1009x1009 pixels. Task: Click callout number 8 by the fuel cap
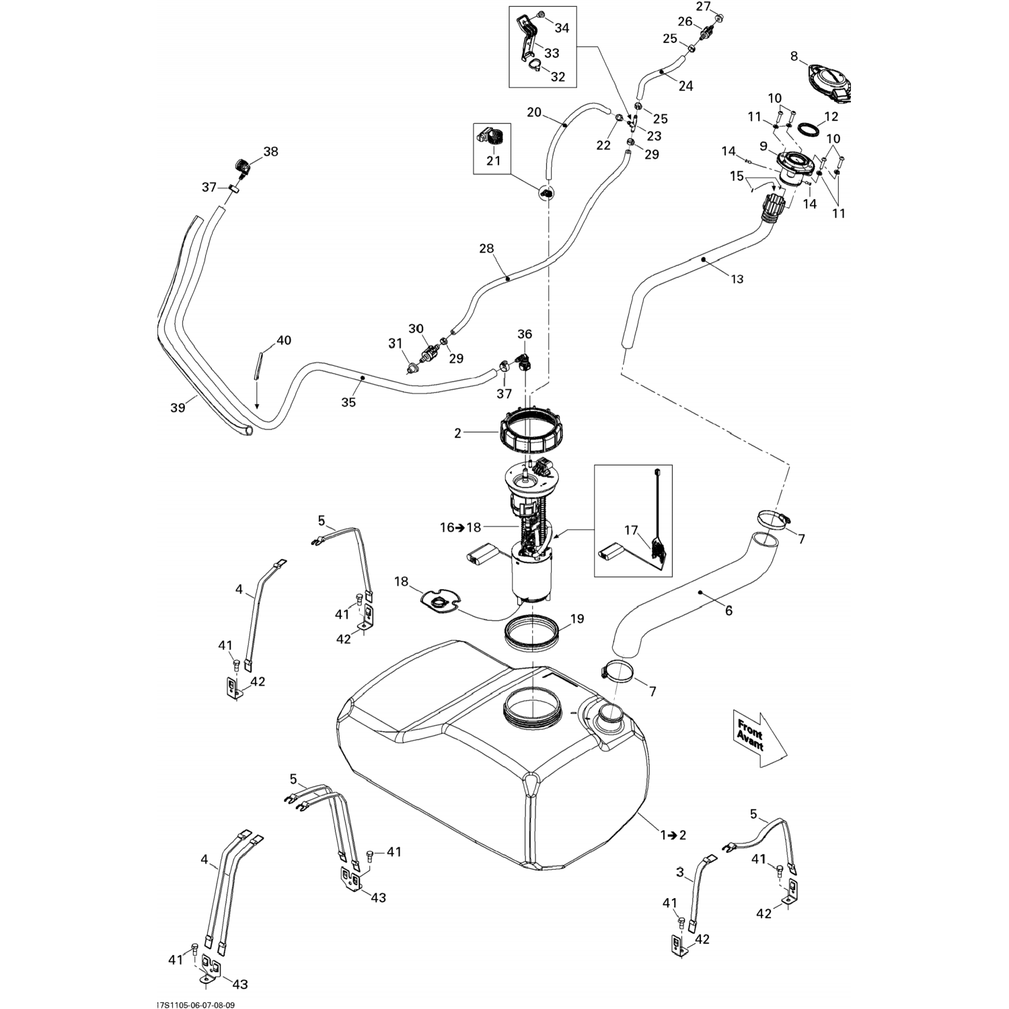(x=794, y=57)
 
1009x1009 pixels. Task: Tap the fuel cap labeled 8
(x=830, y=83)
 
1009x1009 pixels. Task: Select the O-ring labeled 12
(x=808, y=128)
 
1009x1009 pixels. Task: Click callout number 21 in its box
(x=493, y=161)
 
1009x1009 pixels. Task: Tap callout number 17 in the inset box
(x=630, y=530)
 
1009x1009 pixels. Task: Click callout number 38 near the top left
(x=270, y=152)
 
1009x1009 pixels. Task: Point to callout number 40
(x=284, y=340)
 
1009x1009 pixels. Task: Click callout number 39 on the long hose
(x=178, y=407)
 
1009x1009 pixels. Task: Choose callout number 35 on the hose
(x=348, y=402)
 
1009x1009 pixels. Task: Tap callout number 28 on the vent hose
(x=486, y=249)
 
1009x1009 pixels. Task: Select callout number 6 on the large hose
(x=728, y=611)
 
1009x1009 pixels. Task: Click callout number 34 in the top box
(x=562, y=28)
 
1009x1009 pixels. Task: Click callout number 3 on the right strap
(x=680, y=873)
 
